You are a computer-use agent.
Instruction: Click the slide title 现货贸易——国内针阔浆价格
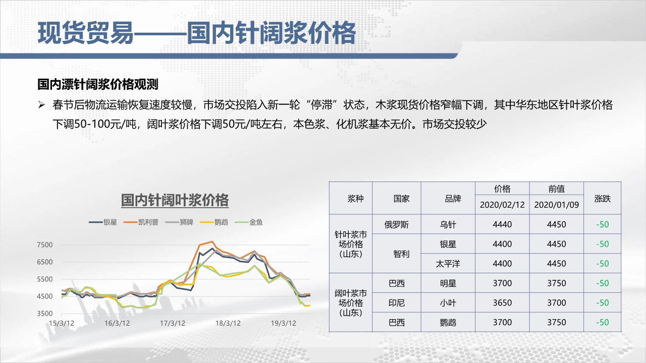pyautogui.click(x=197, y=33)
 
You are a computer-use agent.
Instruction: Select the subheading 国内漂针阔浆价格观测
pyautogui.click(x=98, y=84)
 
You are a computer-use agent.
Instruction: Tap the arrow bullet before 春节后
pyautogui.click(x=41, y=104)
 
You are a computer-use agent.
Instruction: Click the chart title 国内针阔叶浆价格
pyautogui.click(x=175, y=200)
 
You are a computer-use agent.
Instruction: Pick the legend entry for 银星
pyautogui.click(x=103, y=222)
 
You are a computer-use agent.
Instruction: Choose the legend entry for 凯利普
pyautogui.click(x=141, y=222)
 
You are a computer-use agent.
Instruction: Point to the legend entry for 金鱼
pyautogui.click(x=249, y=222)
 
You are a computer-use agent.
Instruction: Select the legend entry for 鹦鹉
pyautogui.click(x=214, y=222)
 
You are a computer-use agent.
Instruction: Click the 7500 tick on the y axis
pyautogui.click(x=45, y=245)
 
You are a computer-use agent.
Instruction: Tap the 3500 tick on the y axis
pyautogui.click(x=45, y=314)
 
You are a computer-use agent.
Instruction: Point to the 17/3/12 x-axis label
pyautogui.click(x=173, y=323)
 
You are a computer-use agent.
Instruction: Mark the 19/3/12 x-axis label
pyautogui.click(x=284, y=323)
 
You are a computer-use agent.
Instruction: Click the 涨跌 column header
pyautogui.click(x=602, y=199)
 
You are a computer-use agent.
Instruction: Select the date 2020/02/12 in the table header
pyautogui.click(x=502, y=205)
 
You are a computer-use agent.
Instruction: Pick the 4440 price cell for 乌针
pyautogui.click(x=502, y=224)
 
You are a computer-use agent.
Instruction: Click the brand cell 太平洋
pyautogui.click(x=448, y=264)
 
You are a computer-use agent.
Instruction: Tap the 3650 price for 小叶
pyautogui.click(x=502, y=303)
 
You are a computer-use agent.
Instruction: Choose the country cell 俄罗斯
pyautogui.click(x=396, y=224)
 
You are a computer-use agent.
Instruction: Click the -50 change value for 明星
pyautogui.click(x=603, y=283)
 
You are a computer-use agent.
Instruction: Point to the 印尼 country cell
pyautogui.click(x=397, y=303)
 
